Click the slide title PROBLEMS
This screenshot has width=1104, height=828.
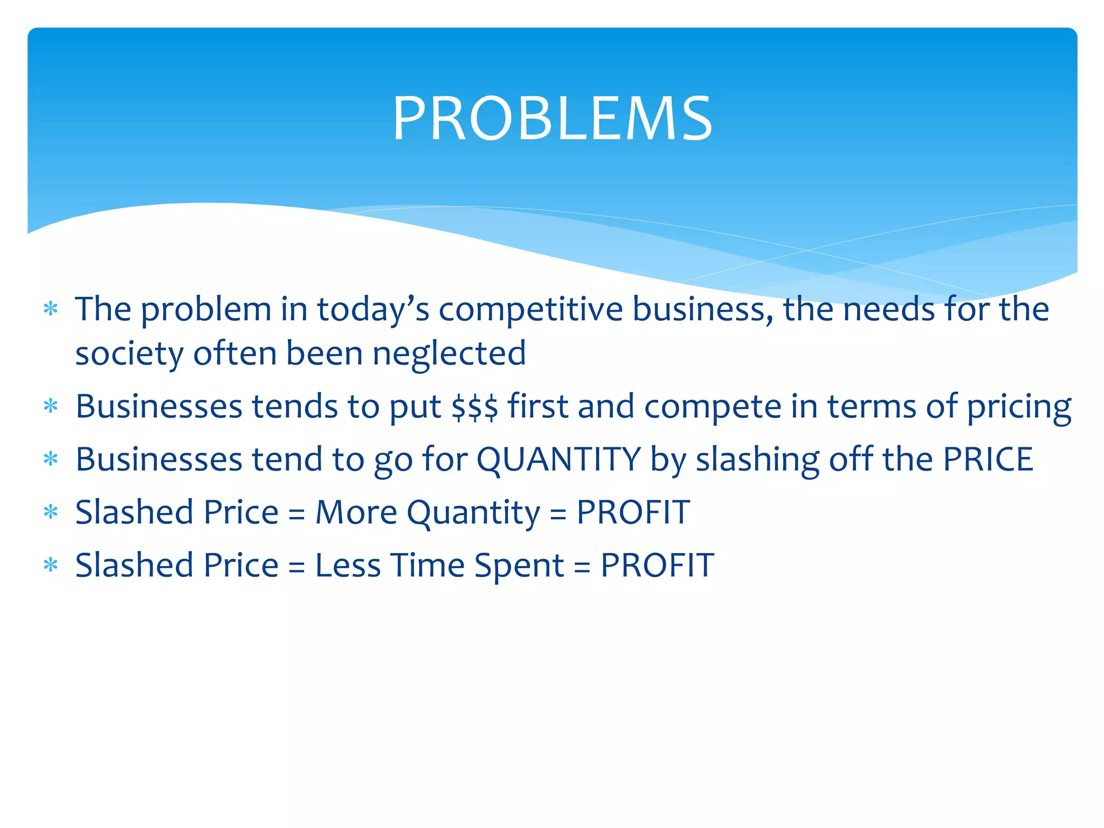click(x=552, y=119)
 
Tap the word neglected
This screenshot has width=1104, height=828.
click(x=449, y=354)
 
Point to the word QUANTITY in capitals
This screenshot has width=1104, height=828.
click(x=558, y=459)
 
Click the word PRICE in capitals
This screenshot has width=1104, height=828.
click(x=988, y=459)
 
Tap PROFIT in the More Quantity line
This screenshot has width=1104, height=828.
click(x=633, y=512)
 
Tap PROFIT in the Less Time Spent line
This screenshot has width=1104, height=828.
click(x=657, y=565)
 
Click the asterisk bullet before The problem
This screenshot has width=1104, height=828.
click(x=51, y=309)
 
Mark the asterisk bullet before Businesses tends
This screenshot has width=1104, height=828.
click(x=51, y=406)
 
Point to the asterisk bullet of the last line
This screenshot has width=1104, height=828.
click(x=51, y=565)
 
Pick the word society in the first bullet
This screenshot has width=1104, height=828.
click(x=129, y=354)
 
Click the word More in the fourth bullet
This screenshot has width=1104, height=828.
click(x=356, y=512)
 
